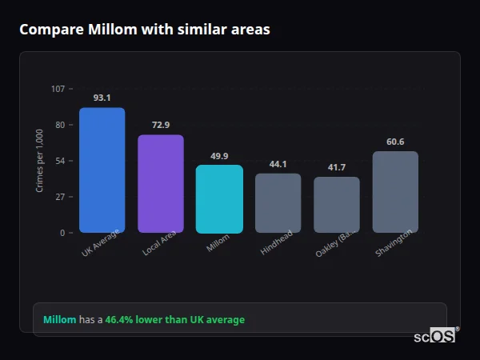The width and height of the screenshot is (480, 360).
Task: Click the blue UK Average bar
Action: pos(102,170)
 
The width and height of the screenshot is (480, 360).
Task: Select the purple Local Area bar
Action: pos(161,183)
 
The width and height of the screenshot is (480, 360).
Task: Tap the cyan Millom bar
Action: pos(219,198)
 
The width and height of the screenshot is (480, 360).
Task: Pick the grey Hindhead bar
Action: pos(278,202)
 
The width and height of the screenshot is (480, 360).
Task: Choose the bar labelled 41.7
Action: pos(337,204)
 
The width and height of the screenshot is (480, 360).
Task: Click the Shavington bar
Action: pos(395,192)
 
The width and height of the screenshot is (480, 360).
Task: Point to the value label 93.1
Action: pos(102,98)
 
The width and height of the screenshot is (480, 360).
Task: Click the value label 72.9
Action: pos(161,125)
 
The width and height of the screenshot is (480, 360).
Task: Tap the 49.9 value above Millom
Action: pos(219,156)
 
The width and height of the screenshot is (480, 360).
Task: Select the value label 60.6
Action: pos(395,142)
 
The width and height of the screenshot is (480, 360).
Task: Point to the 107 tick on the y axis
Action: pos(58,89)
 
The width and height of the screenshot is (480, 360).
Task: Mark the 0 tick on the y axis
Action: pos(62,233)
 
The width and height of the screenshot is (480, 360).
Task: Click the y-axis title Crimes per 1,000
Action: pos(39,161)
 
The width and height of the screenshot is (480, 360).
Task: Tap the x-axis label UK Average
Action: pos(101,243)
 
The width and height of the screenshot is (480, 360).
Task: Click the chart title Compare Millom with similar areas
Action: pos(145,30)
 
